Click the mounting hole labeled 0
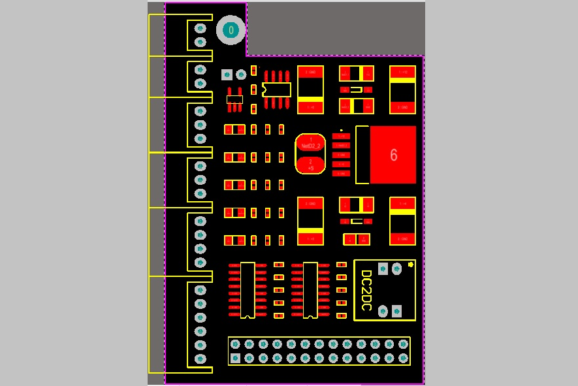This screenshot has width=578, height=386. (x=231, y=30)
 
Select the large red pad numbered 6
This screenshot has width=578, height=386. (x=393, y=155)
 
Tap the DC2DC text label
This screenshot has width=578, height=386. (x=366, y=290)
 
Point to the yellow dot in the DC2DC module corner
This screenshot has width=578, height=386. (x=410, y=265)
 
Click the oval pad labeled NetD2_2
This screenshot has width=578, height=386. (x=310, y=145)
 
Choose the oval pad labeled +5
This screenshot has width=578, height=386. (x=310, y=165)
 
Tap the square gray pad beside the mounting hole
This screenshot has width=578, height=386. (x=227, y=74)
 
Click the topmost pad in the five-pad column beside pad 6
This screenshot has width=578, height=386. (x=341, y=136)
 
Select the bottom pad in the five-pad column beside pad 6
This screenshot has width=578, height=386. (x=341, y=174)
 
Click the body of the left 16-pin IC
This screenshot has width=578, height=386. (x=247, y=289)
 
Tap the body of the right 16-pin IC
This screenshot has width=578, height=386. (x=310, y=289)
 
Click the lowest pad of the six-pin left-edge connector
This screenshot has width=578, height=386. (x=201, y=359)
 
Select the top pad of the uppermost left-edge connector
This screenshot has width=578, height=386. (x=201, y=29)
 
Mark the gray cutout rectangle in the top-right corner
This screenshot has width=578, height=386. (x=335, y=29)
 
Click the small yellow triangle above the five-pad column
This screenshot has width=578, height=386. (x=342, y=130)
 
